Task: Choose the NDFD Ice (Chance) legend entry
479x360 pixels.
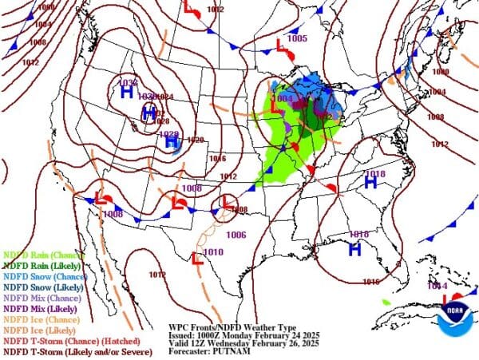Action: [37, 318]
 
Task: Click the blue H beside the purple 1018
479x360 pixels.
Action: [370, 183]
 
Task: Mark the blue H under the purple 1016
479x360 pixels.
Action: [355, 247]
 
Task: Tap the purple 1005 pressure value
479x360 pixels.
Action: [297, 38]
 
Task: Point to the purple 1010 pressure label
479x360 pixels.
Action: [213, 252]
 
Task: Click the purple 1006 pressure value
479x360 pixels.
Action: [236, 235]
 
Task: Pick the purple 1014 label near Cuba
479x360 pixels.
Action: [437, 286]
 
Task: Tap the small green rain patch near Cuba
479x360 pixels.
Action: [386, 302]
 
